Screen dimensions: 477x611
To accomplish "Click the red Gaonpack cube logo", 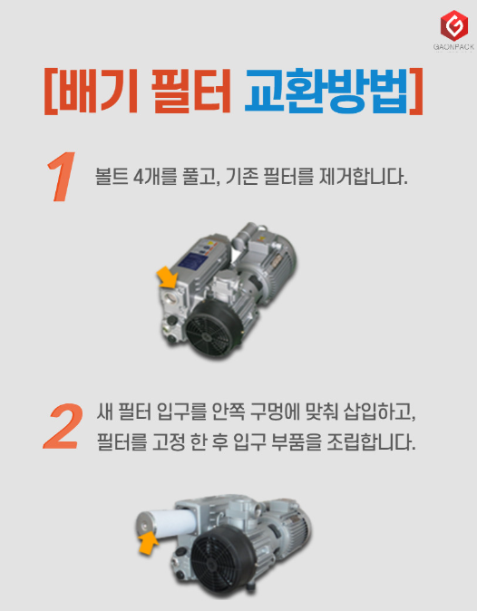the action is click(x=454, y=25).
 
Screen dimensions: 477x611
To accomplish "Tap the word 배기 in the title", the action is click(x=94, y=91).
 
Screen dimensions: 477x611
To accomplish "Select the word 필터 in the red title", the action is click(x=191, y=91).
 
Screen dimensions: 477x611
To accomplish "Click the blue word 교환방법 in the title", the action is click(x=326, y=91).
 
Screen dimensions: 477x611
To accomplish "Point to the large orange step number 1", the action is click(x=62, y=177).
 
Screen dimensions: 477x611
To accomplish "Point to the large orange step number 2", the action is click(x=63, y=426).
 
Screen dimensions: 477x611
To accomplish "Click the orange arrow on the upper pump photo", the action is click(x=169, y=276).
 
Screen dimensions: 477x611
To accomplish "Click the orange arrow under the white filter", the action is click(x=148, y=543).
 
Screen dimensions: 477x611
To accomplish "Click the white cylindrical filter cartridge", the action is click(x=168, y=524).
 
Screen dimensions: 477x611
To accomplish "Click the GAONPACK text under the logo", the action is click(x=453, y=47).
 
